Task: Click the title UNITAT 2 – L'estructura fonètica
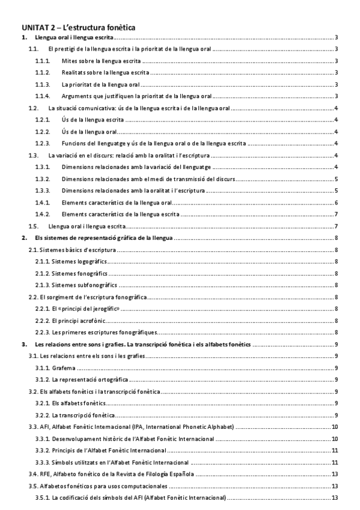pyautogui.click(x=79, y=27)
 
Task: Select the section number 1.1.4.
pyautogui.click(x=42, y=96)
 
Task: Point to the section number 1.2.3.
pyautogui.click(x=42, y=143)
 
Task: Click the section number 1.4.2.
pyautogui.click(x=42, y=214)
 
